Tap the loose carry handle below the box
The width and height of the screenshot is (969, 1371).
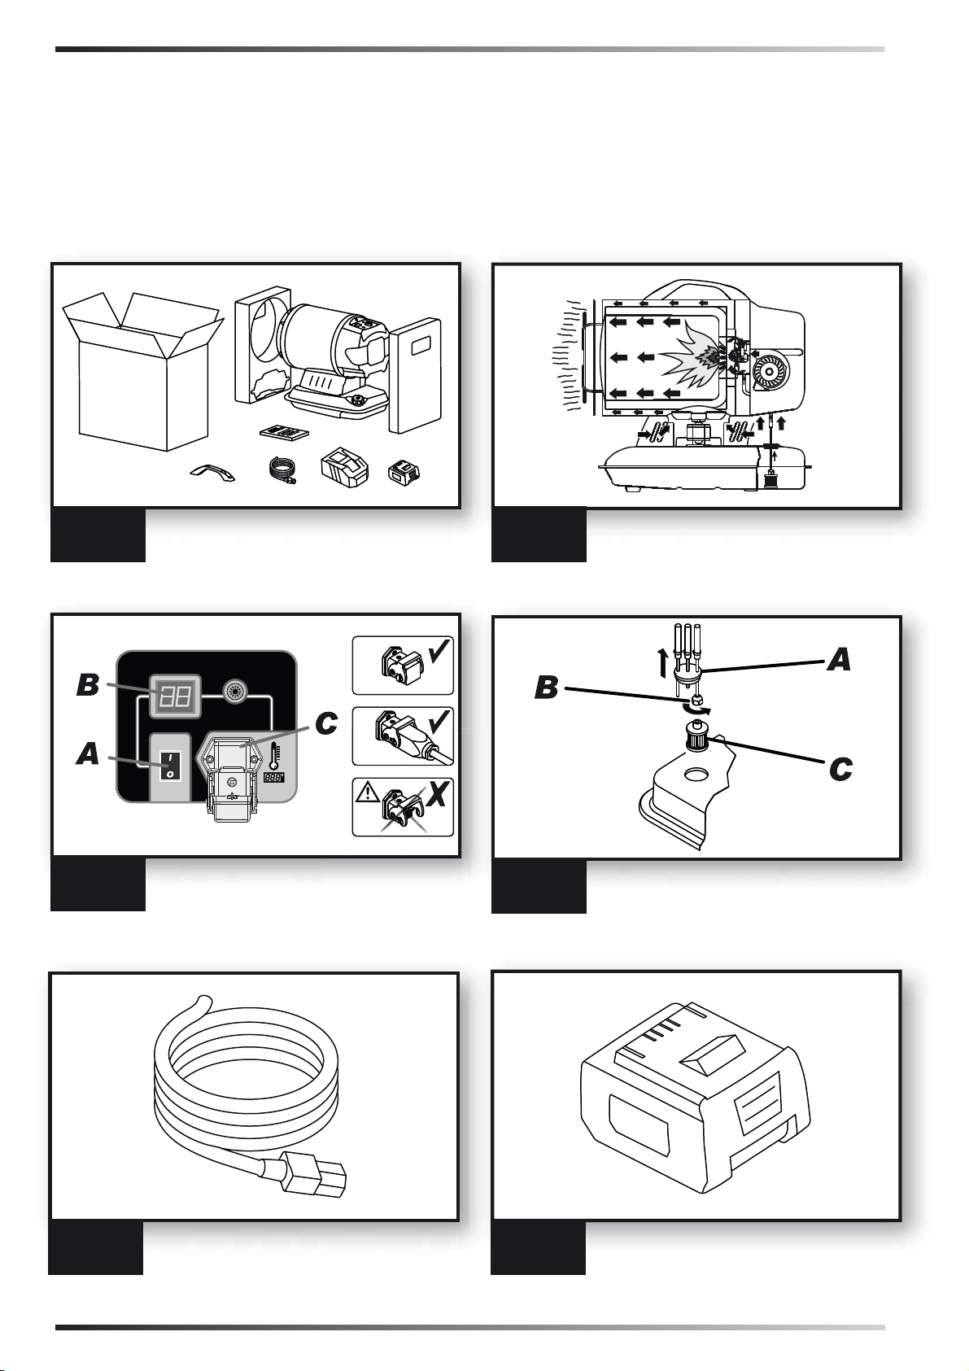point(212,472)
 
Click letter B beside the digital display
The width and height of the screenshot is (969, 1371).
point(88,685)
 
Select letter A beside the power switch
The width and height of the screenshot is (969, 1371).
point(88,753)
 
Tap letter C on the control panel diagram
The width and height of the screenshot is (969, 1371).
point(326,723)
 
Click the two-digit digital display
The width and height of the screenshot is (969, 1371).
point(175,696)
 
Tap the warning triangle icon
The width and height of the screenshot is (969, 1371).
point(367,793)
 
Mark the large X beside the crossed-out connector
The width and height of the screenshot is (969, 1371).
point(437,794)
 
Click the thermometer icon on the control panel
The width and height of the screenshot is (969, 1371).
point(273,757)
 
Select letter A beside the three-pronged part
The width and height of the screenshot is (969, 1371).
point(839,660)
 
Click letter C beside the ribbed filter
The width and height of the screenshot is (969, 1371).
point(840,770)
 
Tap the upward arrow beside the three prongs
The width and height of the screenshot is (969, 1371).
point(662,663)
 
